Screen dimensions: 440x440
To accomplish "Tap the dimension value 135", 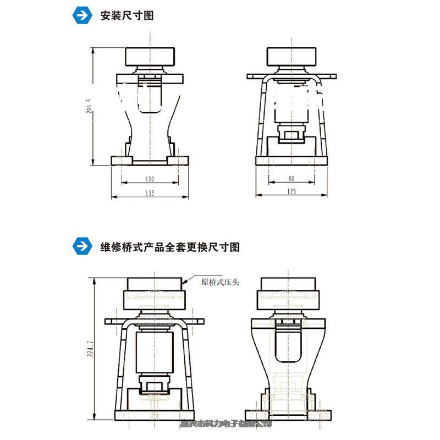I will click(150, 193).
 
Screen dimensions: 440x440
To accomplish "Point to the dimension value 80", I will click(291, 179).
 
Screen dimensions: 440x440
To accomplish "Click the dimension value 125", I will click(291, 191).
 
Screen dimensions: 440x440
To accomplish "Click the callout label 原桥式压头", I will click(222, 283).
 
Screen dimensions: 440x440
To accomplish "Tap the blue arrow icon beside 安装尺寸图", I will click(82, 16).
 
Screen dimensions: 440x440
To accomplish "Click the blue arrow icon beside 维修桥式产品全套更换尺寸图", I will click(82, 247).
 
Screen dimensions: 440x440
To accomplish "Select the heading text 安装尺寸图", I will click(126, 16).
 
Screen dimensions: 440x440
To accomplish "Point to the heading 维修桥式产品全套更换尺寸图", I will click(170, 247).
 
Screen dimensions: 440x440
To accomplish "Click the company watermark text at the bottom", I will click(226, 424).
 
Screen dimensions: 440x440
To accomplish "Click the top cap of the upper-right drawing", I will click(291, 56).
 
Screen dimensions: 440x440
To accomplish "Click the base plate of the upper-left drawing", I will click(150, 161).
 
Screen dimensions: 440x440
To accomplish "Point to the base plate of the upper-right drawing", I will click(291, 161).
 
